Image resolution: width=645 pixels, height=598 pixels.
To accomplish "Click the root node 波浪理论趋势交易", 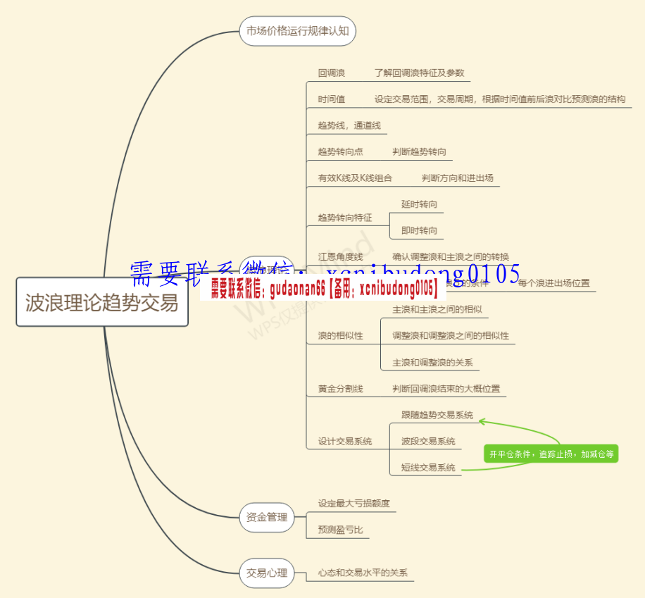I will pos(102,302).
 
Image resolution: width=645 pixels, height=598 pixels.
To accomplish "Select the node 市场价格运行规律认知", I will pos(297,31).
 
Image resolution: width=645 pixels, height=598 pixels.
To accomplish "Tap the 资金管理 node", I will pos(266,517).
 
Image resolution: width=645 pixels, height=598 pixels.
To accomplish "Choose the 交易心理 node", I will pos(266,573).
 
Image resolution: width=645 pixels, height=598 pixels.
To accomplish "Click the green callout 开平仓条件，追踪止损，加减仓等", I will pos(551,454).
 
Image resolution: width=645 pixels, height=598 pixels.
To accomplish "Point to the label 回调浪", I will pos(331,73).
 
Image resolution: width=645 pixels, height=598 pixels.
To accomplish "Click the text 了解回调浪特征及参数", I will pos(419,73).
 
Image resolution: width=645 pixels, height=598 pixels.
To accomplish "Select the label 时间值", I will pos(331,99).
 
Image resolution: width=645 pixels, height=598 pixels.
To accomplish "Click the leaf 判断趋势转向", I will pos(419,151).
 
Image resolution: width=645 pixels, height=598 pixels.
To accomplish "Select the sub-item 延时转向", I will pos(419,204).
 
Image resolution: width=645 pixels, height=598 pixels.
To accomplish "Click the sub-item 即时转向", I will pos(419,230).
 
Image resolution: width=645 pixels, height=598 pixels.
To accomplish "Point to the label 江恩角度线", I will pos(340,256).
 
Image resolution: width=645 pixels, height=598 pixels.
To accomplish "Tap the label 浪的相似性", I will pos(340,335).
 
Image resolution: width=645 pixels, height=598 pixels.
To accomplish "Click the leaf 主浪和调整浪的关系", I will pos(432,363).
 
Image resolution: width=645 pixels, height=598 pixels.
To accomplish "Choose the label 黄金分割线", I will pos(340,388).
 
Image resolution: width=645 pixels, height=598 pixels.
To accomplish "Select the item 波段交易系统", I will pos(428,441).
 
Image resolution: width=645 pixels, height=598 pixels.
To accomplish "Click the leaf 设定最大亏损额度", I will pos(353,504).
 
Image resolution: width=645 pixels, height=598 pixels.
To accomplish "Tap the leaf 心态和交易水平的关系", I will pos(363,573).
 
